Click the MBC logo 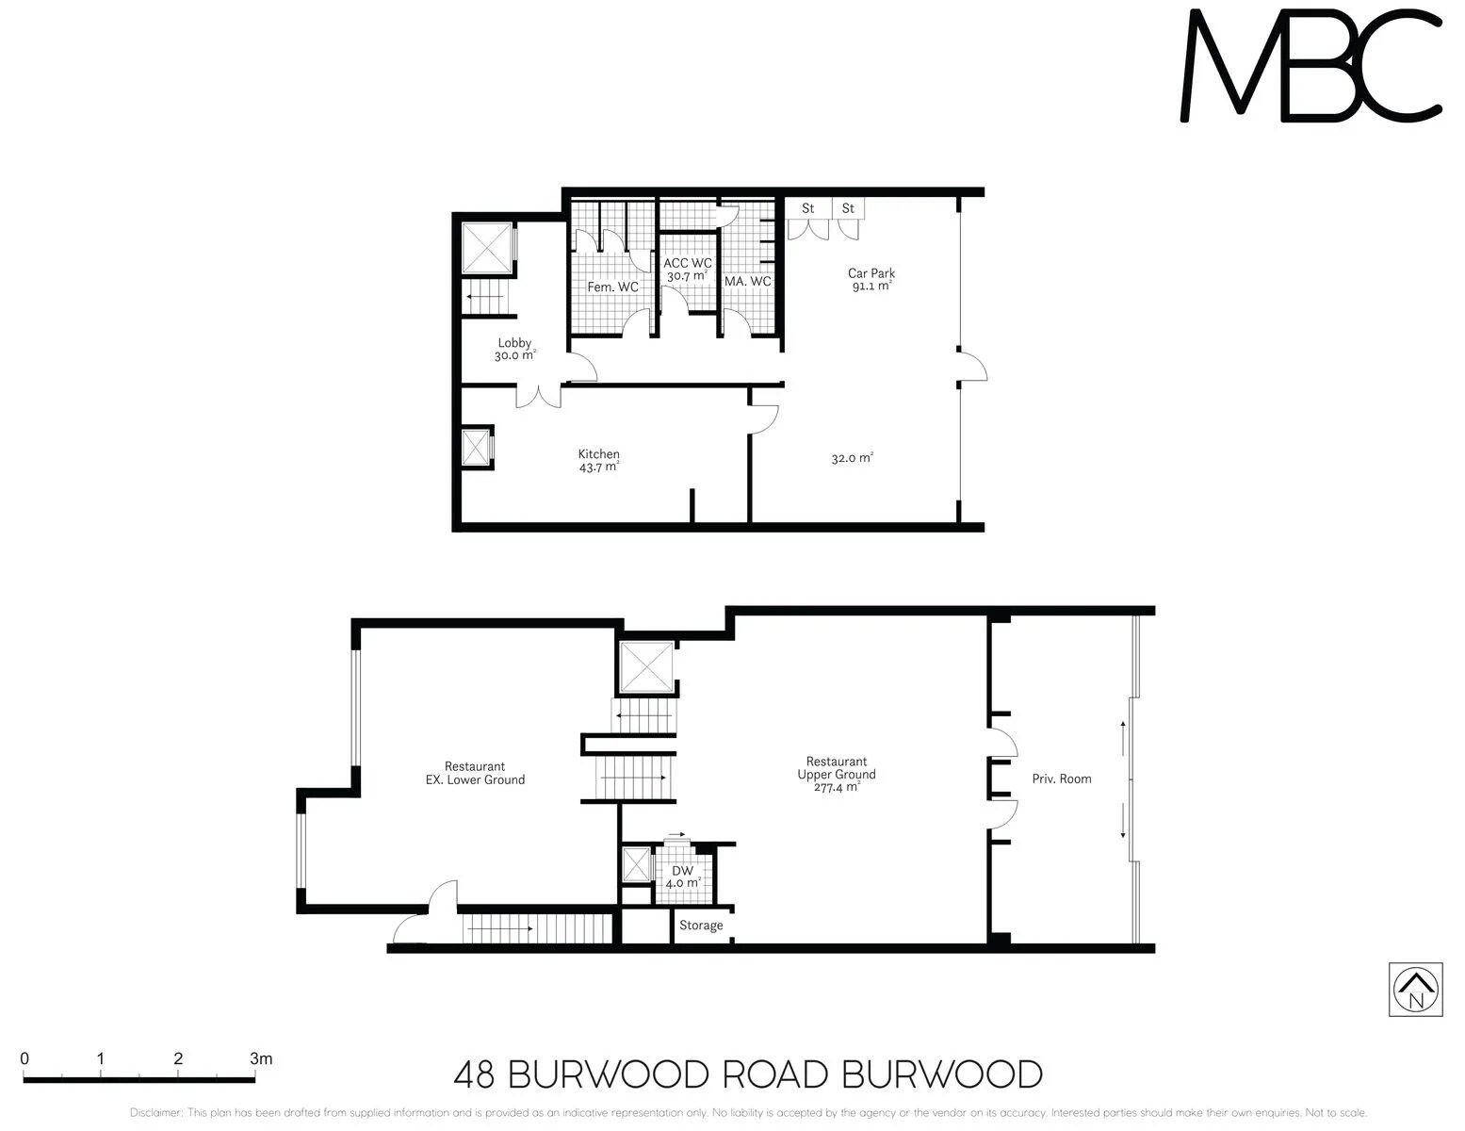pyautogui.click(x=1310, y=66)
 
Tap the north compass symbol pyautogui.click(x=1415, y=990)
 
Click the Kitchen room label pyautogui.click(x=599, y=454)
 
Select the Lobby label pyautogui.click(x=514, y=343)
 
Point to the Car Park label pyautogui.click(x=871, y=273)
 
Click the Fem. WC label pyautogui.click(x=612, y=287)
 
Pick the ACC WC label pyautogui.click(x=688, y=264)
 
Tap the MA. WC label pyautogui.click(x=748, y=282)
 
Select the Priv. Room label pyautogui.click(x=1062, y=779)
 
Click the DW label pyautogui.click(x=682, y=871)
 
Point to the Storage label pyautogui.click(x=701, y=926)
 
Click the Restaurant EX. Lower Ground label pyautogui.click(x=475, y=773)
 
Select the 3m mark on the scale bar pyautogui.click(x=261, y=1058)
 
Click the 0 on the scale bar pyautogui.click(x=24, y=1058)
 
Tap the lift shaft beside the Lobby pyautogui.click(x=487, y=249)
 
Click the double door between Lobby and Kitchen pyautogui.click(x=539, y=396)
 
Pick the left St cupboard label pyautogui.click(x=807, y=208)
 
